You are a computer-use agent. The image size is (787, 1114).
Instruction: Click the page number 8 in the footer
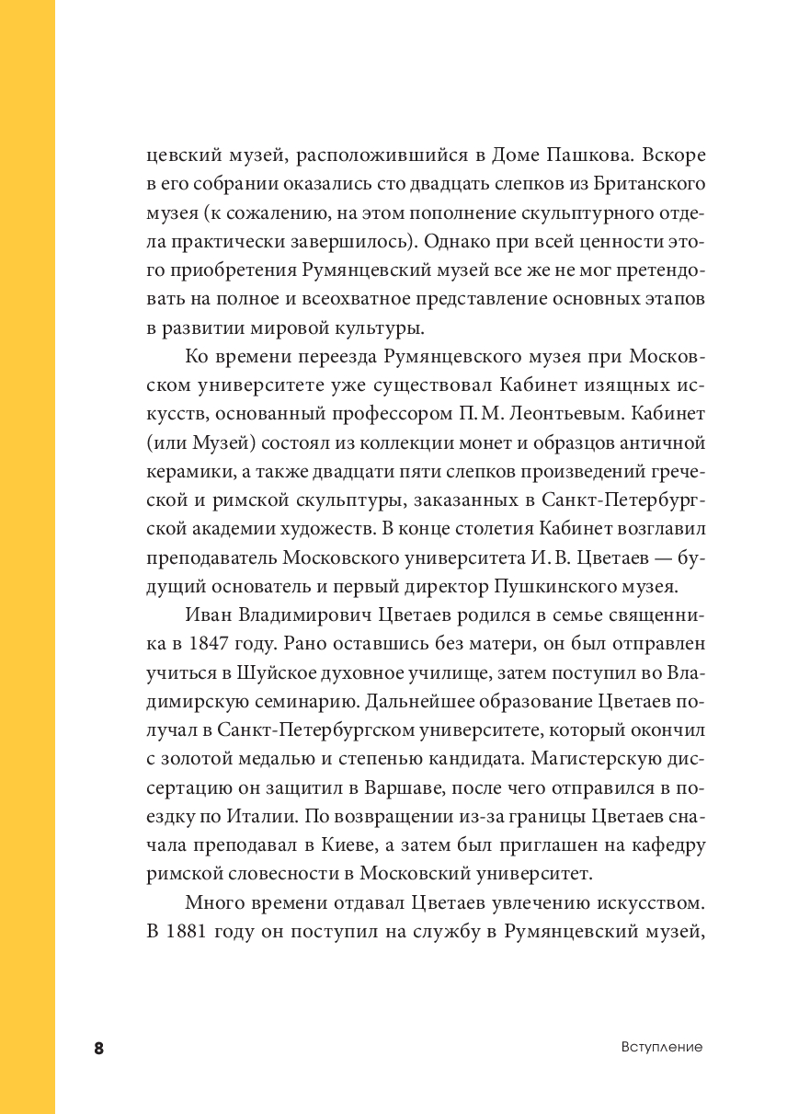99,1048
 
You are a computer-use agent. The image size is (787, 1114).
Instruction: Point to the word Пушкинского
547,586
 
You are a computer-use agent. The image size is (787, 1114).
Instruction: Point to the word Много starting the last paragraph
214,902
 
